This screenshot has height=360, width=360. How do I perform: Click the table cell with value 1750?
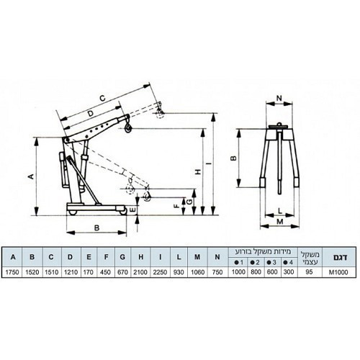pos(12,272)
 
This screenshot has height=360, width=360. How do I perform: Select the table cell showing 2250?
pos(160,272)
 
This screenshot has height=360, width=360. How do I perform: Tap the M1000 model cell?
pos(338,272)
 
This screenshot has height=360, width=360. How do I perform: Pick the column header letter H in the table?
pos(141,257)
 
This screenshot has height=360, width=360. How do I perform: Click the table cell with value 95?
pos(310,272)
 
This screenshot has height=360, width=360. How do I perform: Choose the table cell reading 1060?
pos(197,272)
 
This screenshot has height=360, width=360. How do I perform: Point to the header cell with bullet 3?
pos(273,263)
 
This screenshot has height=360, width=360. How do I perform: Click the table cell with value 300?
pos(289,272)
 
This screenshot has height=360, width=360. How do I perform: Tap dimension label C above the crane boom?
pos(102,98)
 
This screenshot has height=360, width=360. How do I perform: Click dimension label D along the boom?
pos(90,114)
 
